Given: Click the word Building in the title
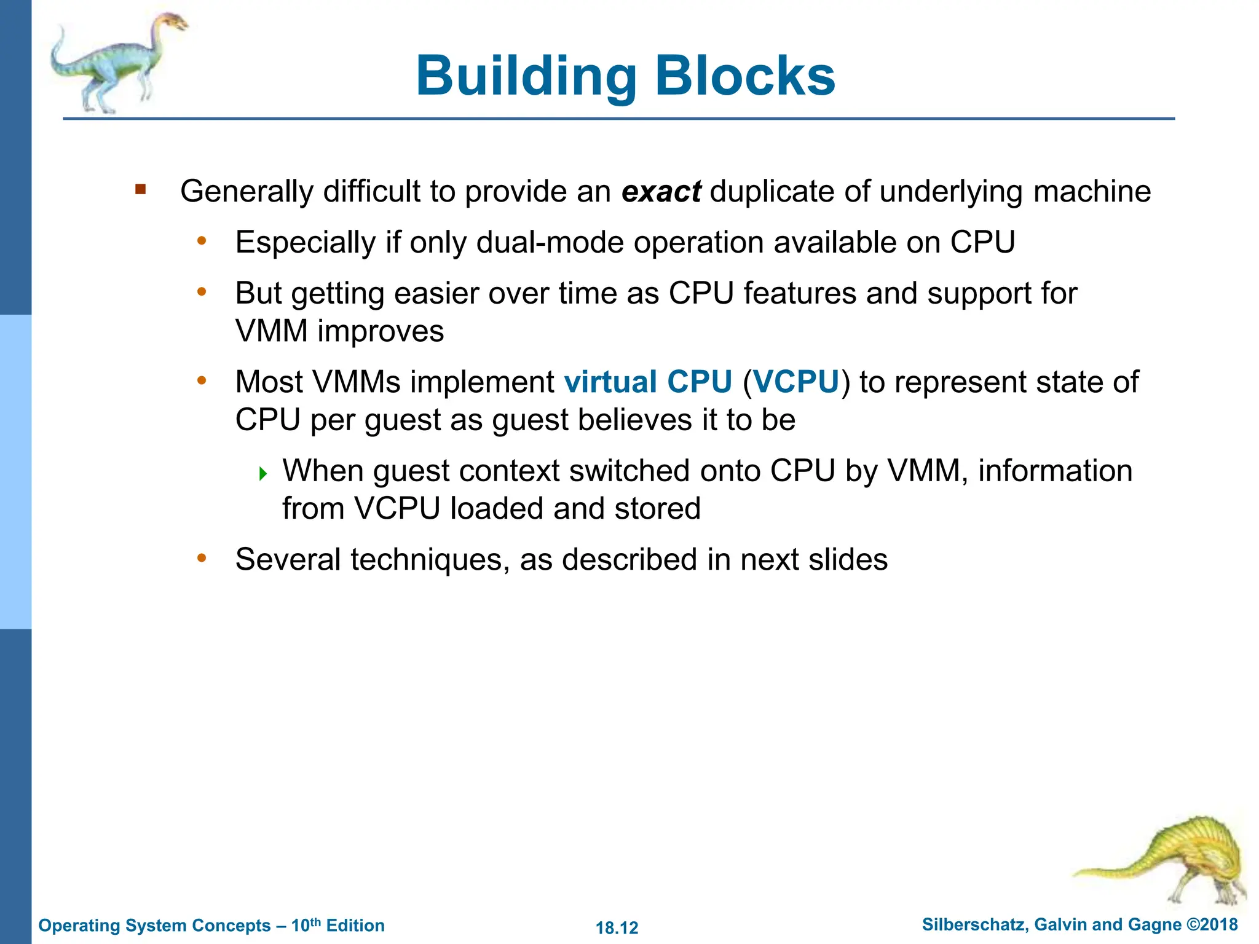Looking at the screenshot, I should click(x=526, y=77).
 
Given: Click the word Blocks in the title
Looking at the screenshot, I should click(x=744, y=77).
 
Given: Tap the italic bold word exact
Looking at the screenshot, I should click(x=661, y=191).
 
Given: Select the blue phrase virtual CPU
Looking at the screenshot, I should click(x=648, y=382).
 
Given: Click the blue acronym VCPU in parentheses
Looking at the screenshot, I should click(x=796, y=382).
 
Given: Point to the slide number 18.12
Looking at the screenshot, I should click(x=617, y=927).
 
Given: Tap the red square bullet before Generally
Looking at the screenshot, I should click(x=141, y=189).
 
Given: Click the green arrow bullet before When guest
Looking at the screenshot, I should click(x=263, y=473).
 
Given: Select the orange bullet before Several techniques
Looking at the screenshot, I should click(x=201, y=558).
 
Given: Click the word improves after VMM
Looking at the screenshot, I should click(x=381, y=331).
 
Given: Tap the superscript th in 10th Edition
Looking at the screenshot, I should click(x=315, y=921).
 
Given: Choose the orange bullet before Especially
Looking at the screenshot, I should click(x=201, y=241).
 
